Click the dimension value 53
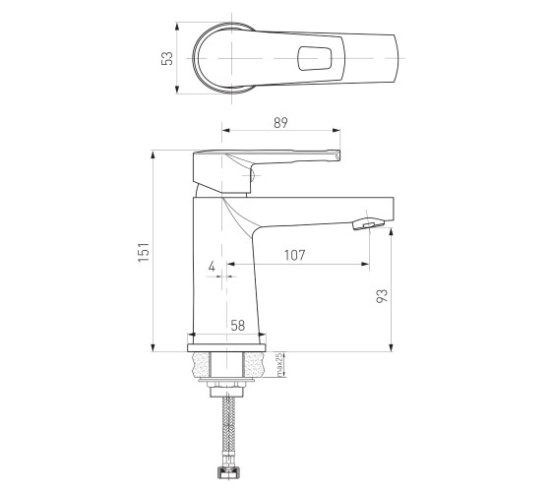[167, 58]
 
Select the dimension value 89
[280, 122]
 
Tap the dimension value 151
[144, 252]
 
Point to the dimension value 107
[294, 255]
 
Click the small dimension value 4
[212, 267]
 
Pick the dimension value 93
[382, 295]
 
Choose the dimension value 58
[238, 326]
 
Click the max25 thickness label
[279, 365]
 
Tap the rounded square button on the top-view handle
[315, 58]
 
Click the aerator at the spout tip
[368, 223]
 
